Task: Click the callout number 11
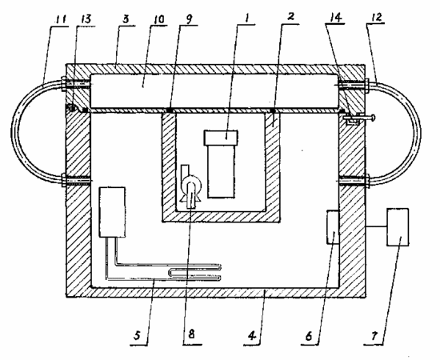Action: point(60,20)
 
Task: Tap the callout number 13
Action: point(86,19)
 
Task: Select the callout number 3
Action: point(126,19)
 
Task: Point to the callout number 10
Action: point(159,20)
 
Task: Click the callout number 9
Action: point(189,19)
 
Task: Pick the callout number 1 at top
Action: point(246,18)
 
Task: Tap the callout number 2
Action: point(290,17)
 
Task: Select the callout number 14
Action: point(335,18)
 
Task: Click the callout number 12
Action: point(376,18)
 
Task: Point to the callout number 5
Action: point(137,335)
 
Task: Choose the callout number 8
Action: point(191,334)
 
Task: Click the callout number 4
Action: point(252,335)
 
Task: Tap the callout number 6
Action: point(308,336)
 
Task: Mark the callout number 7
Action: point(374,336)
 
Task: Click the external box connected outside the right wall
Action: point(398,227)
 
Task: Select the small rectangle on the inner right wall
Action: point(333,226)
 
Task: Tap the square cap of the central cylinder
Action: point(221,138)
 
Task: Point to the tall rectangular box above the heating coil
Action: point(112,212)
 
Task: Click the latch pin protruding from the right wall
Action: point(361,119)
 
